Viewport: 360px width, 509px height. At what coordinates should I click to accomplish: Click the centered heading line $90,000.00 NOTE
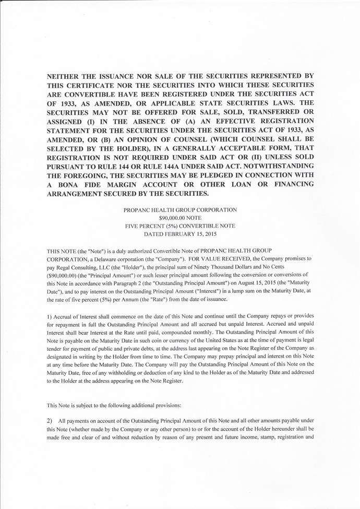180,218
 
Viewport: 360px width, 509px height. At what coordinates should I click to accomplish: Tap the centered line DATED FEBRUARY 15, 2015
180,234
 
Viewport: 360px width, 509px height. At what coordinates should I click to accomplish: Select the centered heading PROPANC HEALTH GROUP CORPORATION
180,209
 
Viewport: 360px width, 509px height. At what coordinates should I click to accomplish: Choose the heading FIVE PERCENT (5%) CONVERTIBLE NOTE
180,226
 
